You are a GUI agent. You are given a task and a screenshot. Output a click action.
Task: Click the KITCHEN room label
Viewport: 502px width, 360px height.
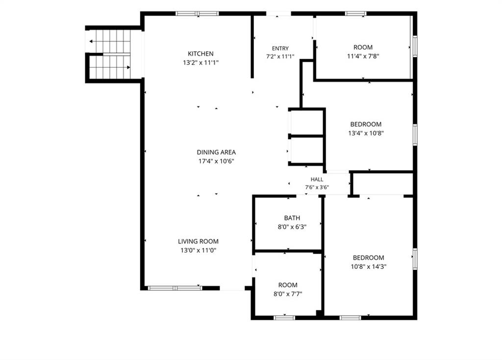pos(201,53)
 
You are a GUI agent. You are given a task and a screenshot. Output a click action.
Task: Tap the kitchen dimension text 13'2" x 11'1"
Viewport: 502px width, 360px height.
pos(201,63)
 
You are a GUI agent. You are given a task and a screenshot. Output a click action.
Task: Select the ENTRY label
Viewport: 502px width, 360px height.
pos(280,49)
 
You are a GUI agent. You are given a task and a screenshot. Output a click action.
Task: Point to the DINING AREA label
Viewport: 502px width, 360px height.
pos(216,152)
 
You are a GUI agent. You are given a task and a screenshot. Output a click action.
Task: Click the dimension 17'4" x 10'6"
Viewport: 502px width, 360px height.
pos(216,161)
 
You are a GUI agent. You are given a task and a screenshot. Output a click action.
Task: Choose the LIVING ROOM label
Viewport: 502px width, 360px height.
pos(198,241)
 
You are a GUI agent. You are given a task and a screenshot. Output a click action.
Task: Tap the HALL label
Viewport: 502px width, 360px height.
pos(317,180)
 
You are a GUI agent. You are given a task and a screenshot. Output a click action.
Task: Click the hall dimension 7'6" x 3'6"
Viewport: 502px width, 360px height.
pos(317,187)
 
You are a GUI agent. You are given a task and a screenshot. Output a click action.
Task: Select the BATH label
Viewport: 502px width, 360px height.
pos(292,218)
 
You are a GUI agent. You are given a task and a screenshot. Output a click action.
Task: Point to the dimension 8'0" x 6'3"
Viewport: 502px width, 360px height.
pos(292,227)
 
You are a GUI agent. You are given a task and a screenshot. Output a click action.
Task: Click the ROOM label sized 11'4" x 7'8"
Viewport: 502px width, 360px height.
pos(363,48)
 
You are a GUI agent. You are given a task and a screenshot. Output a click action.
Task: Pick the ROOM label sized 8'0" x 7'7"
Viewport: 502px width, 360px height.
pos(287,285)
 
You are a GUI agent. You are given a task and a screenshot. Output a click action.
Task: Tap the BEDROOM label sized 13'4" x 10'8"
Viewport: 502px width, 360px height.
pos(366,124)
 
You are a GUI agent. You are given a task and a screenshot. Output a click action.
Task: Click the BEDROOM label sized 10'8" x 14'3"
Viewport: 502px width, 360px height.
pos(368,257)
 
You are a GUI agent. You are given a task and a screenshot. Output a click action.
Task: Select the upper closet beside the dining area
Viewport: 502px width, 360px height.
pos(307,123)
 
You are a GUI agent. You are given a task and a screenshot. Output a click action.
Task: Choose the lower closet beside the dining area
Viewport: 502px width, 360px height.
pos(307,151)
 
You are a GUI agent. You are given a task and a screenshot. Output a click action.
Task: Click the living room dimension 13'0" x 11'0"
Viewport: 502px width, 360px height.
pos(199,251)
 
